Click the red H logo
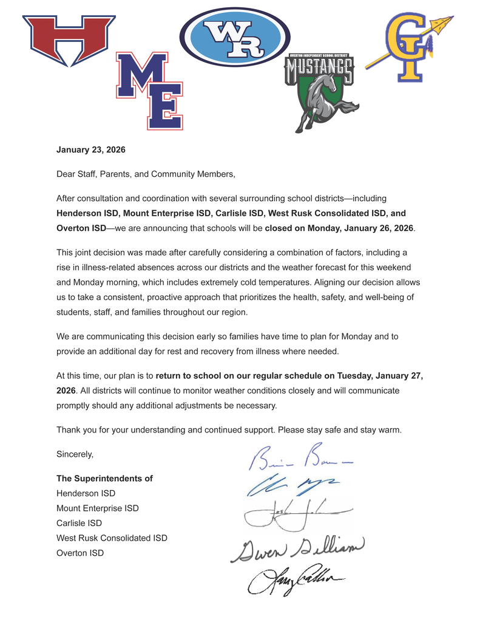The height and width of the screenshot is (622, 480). tap(69, 39)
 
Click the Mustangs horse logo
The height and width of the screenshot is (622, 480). tap(320, 91)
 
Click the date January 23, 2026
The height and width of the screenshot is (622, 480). tap(90, 149)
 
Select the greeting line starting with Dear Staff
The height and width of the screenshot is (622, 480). tap(146, 174)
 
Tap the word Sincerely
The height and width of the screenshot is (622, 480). tap(75, 454)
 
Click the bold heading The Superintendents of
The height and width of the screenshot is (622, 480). tap(104, 479)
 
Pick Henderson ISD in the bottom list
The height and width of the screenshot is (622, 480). tap(86, 493)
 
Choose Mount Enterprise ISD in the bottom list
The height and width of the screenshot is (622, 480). tap(97, 508)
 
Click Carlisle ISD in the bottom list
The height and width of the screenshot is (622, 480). tap(79, 523)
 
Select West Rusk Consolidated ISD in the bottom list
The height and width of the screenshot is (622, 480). tap(112, 538)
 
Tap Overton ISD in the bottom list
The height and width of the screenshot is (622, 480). tap(80, 553)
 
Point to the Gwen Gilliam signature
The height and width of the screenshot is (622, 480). tap(297, 549)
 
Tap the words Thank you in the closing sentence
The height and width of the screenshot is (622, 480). tap(74, 429)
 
